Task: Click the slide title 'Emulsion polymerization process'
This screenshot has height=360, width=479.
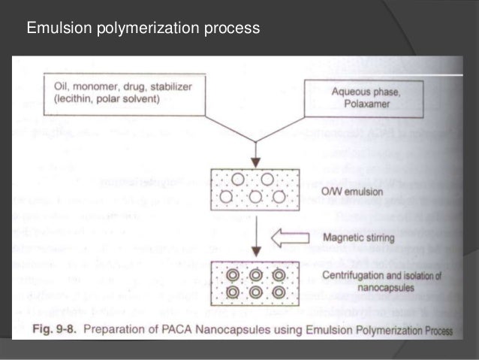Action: point(143,29)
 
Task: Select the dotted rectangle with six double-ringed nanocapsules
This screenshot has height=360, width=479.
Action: point(258,283)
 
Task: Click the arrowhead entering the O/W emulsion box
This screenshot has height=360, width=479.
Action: point(258,162)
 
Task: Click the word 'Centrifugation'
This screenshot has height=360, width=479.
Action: point(347,276)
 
